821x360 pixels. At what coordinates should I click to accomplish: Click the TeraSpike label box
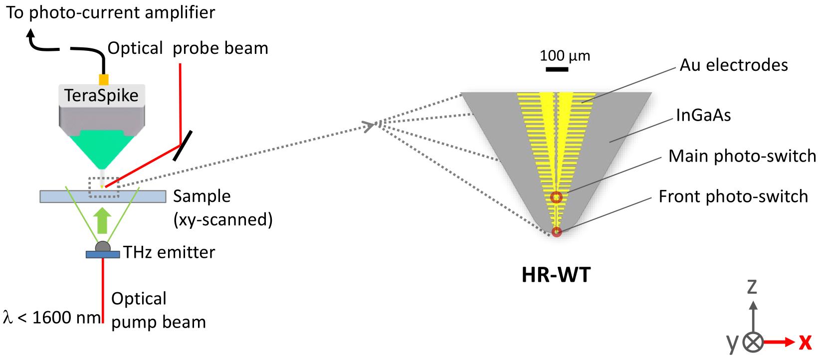click(x=102, y=95)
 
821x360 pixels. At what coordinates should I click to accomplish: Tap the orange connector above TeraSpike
click(x=104, y=80)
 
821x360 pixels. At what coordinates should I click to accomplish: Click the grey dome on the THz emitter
click(x=102, y=247)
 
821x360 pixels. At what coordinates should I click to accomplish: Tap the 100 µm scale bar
click(x=557, y=69)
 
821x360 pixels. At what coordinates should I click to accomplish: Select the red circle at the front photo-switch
click(x=556, y=232)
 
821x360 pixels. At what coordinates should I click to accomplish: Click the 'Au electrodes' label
click(x=733, y=65)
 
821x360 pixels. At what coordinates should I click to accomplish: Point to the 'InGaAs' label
click(x=703, y=116)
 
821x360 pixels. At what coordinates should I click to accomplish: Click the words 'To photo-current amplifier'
click(x=111, y=12)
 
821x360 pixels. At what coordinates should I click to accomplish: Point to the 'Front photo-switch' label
click(x=733, y=196)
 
